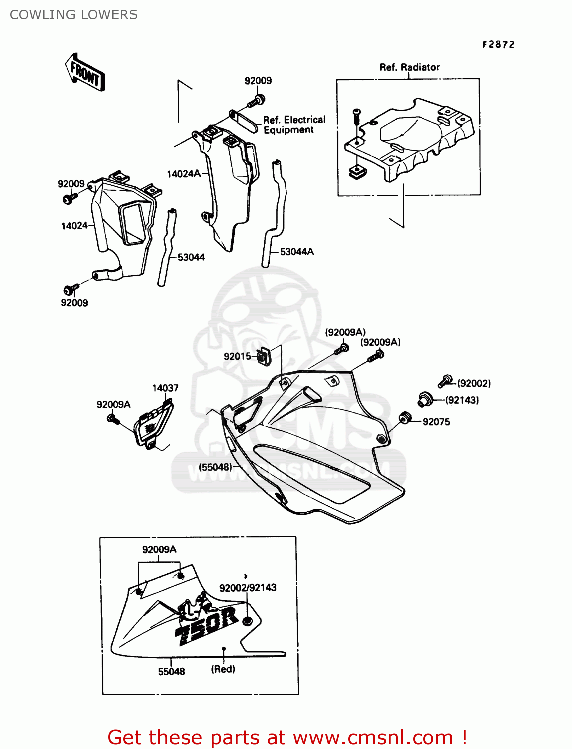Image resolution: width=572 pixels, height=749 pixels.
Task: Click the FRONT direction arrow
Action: (x=85, y=73)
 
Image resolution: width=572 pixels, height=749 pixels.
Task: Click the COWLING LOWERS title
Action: (x=74, y=15)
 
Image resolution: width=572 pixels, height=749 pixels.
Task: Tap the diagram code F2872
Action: (x=498, y=45)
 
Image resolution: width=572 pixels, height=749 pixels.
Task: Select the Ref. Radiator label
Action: (x=409, y=67)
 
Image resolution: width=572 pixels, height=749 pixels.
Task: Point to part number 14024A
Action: (x=183, y=174)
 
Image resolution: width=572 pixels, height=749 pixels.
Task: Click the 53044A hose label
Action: (x=296, y=252)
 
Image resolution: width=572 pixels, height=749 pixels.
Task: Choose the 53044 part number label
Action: (x=191, y=257)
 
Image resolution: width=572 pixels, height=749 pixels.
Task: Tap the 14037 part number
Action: (x=165, y=388)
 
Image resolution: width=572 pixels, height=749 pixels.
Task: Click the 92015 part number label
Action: (x=237, y=356)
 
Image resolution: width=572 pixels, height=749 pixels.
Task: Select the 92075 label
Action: (x=436, y=422)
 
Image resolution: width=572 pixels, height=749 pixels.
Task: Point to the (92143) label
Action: (x=462, y=400)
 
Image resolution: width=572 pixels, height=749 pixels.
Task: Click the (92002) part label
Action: (x=474, y=383)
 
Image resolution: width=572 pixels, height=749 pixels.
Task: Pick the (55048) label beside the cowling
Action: (x=216, y=467)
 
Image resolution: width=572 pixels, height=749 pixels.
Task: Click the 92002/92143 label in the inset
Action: (x=248, y=588)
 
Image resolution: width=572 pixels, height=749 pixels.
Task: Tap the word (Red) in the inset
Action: (x=223, y=669)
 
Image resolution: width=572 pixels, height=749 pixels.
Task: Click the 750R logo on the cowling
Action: (x=206, y=624)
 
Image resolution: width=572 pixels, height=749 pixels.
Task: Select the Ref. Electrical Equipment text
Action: (x=294, y=125)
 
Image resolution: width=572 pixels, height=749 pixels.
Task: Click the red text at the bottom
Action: (x=287, y=737)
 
